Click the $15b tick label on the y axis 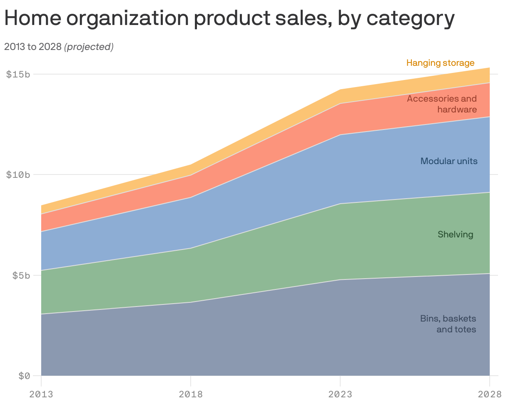[x=18, y=75]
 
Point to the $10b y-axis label [x=18, y=175]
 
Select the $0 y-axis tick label [x=24, y=376]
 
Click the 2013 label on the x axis [x=41, y=394]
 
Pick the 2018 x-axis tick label [x=190, y=394]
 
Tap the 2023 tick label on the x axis [x=340, y=394]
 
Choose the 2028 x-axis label [x=489, y=394]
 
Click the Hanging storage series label [x=440, y=63]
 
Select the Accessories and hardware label [x=442, y=104]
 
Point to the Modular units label [x=449, y=161]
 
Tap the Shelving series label [x=455, y=234]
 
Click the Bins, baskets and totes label [x=448, y=324]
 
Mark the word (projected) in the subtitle [x=89, y=47]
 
